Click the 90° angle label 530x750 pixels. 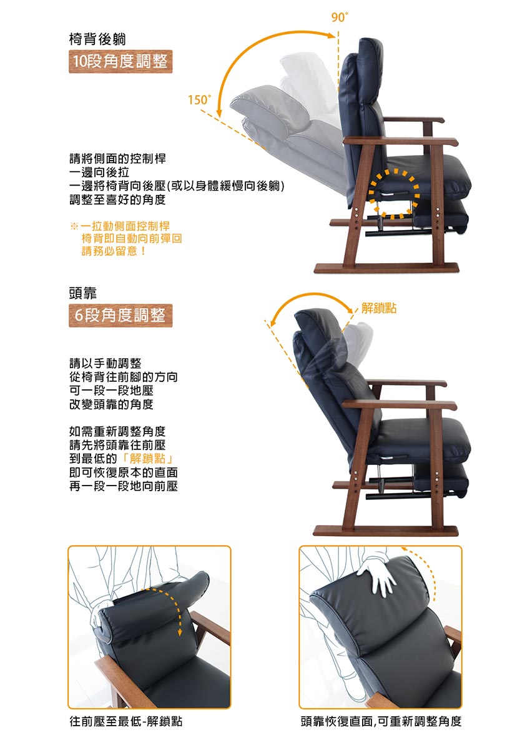pos(340,17)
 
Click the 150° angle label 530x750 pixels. pos(200,100)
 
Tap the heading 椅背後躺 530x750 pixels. pos(97,39)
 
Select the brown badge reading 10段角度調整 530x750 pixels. pos(120,61)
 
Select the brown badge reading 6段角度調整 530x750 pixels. pos(120,316)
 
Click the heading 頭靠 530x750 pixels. pos(83,293)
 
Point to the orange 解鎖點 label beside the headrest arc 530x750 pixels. pos(379,308)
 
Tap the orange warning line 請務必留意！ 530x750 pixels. pos(114,251)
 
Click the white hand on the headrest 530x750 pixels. pos(378,578)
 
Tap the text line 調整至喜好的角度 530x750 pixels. pos(117,200)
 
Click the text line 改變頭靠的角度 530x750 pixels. pos(111,404)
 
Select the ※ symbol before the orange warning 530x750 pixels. pos(74,226)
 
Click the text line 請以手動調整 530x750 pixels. pos(106,363)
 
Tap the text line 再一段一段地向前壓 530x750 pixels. pos(124,486)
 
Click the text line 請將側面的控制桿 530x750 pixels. pos(117,158)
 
